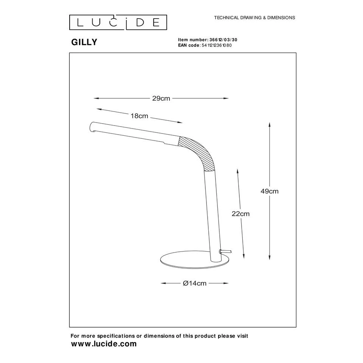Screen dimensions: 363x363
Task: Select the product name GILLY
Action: [84, 42]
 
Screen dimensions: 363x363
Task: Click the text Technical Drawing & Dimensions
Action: [254, 18]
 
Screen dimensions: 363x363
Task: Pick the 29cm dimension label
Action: [161, 99]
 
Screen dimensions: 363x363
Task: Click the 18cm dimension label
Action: [139, 116]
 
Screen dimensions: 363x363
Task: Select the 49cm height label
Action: [269, 191]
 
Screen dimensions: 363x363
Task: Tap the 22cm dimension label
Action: [240, 214]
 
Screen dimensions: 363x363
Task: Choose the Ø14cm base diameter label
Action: [195, 283]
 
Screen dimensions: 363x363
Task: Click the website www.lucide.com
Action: [104, 344]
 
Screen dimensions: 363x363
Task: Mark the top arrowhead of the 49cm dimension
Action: [269, 124]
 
